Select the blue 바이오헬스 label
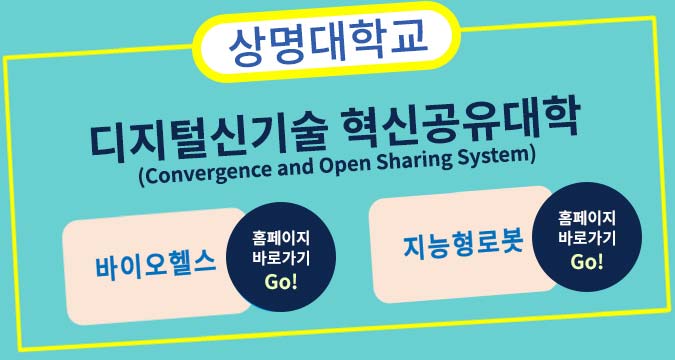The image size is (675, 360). (156, 265)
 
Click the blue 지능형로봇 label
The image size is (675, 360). (464, 243)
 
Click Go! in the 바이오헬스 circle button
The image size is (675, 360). (283, 281)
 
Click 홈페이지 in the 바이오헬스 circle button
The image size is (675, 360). (283, 238)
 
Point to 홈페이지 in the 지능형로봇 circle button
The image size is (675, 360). (587, 218)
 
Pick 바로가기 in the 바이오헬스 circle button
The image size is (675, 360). (283, 258)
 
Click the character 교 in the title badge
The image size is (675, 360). (409, 38)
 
